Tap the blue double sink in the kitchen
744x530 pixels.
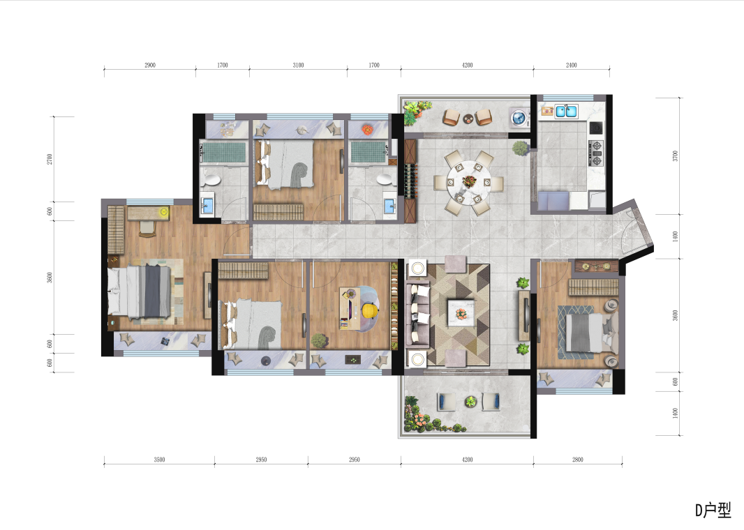(566, 112)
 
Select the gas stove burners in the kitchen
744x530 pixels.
(595, 153)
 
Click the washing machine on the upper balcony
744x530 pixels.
(519, 117)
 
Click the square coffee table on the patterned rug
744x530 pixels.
(461, 313)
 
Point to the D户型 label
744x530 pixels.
(713, 510)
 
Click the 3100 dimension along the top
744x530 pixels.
(298, 65)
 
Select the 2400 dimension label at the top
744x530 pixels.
(572, 65)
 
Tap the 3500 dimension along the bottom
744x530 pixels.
(159, 460)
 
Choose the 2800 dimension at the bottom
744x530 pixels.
(577, 460)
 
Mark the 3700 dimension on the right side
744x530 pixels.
(675, 156)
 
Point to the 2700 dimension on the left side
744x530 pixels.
(50, 159)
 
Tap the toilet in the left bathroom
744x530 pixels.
(211, 179)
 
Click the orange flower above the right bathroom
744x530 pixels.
(367, 128)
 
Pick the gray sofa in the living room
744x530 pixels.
(417, 313)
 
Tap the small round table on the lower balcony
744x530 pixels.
(470, 402)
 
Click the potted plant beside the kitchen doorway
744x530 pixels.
(521, 149)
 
